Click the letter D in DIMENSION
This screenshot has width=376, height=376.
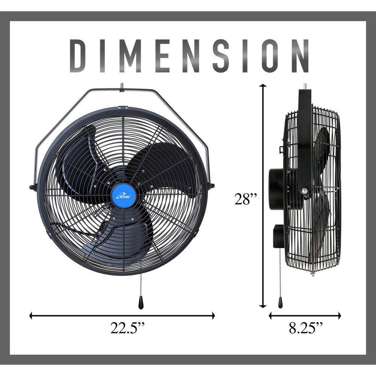80,56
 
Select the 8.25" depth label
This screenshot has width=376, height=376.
306,328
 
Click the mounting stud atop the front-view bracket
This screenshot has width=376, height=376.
122,86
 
